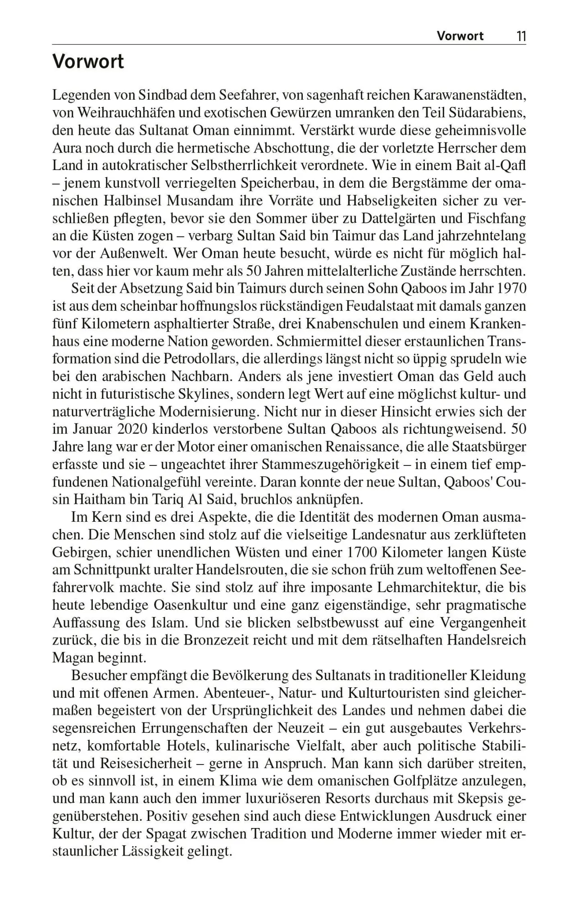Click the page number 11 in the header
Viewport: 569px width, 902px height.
tap(520, 36)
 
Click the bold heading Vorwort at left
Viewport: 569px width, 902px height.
tap(88, 62)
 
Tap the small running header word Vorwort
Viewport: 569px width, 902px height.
tap(460, 36)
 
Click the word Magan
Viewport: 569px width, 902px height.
tap(72, 658)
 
